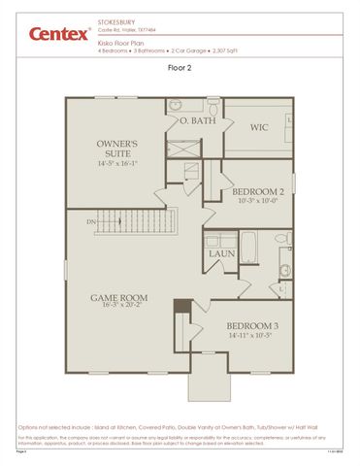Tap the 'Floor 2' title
click(x=180, y=70)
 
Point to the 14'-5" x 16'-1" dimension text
click(x=118, y=165)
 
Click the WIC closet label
click(x=258, y=126)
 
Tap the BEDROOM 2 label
click(x=258, y=191)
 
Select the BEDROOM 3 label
click(x=253, y=326)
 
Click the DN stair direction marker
click(x=91, y=222)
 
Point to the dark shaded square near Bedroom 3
click(x=180, y=306)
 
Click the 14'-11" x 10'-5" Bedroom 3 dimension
click(x=253, y=336)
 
